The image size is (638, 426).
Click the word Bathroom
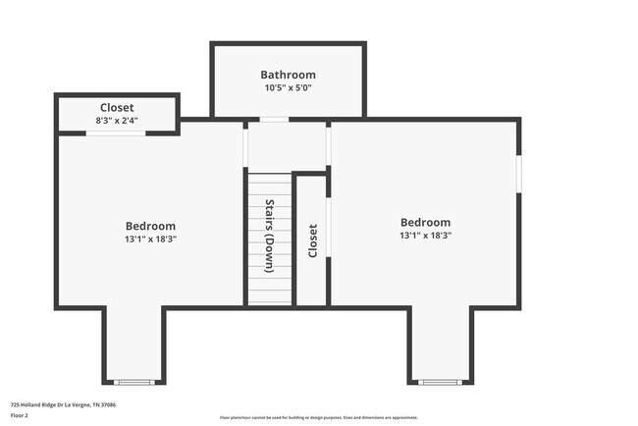click(x=288, y=75)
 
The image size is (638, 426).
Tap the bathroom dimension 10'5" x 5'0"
click(x=288, y=87)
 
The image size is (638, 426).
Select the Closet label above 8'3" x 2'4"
click(x=117, y=107)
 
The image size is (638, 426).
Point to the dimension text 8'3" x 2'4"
click(x=117, y=120)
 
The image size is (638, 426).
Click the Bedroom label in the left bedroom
click(x=151, y=225)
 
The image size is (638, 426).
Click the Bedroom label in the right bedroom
click(x=425, y=222)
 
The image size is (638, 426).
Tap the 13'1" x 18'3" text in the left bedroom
click(x=151, y=239)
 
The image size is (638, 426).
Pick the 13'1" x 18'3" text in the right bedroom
click(x=425, y=236)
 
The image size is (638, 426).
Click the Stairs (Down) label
click(x=270, y=236)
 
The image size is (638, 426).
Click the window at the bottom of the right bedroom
click(x=439, y=381)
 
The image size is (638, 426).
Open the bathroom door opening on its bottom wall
click(x=274, y=120)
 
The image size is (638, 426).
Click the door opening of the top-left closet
click(x=116, y=133)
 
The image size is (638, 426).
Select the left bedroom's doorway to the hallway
click(x=244, y=146)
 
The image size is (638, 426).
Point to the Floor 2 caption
click(x=20, y=414)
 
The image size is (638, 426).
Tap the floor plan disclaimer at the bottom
click(x=318, y=417)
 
